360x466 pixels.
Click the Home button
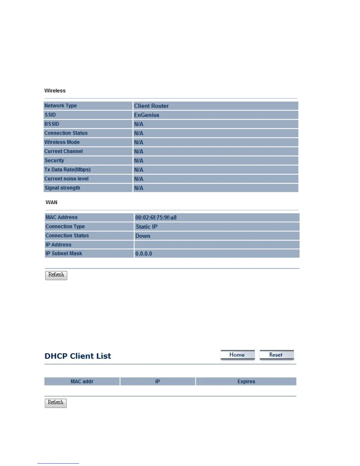(237, 355)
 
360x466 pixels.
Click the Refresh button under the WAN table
(56, 275)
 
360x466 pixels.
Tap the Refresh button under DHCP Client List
(56, 403)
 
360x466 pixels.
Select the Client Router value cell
(151, 106)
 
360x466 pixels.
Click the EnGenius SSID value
(147, 115)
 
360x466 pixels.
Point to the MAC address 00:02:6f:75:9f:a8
(156, 218)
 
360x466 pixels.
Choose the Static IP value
(146, 227)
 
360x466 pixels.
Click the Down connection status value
(143, 236)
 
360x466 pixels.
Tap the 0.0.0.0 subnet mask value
(144, 254)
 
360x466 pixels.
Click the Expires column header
(246, 382)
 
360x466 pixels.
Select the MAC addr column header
(82, 382)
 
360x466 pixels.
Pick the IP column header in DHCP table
(158, 382)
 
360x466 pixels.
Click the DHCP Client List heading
(78, 356)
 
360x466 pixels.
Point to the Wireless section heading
(55, 91)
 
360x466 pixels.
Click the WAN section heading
(51, 202)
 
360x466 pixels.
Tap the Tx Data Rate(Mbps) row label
(67, 170)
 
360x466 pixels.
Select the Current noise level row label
(66, 179)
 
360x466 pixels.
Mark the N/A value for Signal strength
(139, 188)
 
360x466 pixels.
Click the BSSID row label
(52, 124)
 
